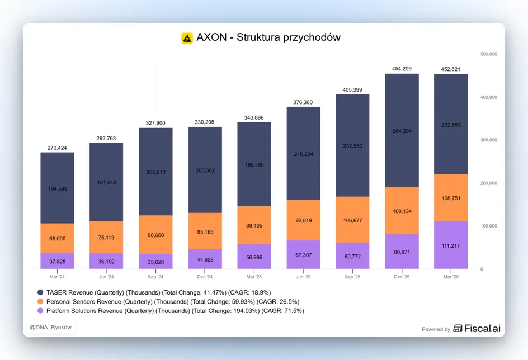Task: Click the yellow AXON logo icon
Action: pyautogui.click(x=187, y=38)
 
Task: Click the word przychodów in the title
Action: pyautogui.click(x=312, y=37)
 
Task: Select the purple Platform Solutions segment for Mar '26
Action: pyautogui.click(x=451, y=245)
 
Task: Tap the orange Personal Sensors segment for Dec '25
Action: pyautogui.click(x=402, y=211)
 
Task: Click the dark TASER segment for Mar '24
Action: pyautogui.click(x=57, y=188)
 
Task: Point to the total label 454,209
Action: pyautogui.click(x=402, y=69)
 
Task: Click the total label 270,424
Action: pyautogui.click(x=57, y=148)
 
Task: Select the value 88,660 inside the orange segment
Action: pyautogui.click(x=155, y=235)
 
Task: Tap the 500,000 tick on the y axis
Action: pyautogui.click(x=489, y=54)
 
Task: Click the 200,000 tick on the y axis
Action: pyautogui.click(x=489, y=183)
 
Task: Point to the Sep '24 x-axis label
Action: pyautogui.click(x=155, y=277)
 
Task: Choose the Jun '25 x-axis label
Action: pyautogui.click(x=303, y=277)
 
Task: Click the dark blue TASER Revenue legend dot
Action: pyautogui.click(x=40, y=292)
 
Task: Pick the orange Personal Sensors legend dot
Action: pyautogui.click(x=40, y=301)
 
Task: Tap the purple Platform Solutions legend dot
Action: pyautogui.click(x=40, y=311)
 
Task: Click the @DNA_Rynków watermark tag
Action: pyautogui.click(x=50, y=328)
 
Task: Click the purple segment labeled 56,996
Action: pyautogui.click(x=254, y=257)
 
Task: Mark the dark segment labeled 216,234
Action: pyautogui.click(x=303, y=153)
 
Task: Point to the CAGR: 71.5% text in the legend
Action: pyautogui.click(x=283, y=311)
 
